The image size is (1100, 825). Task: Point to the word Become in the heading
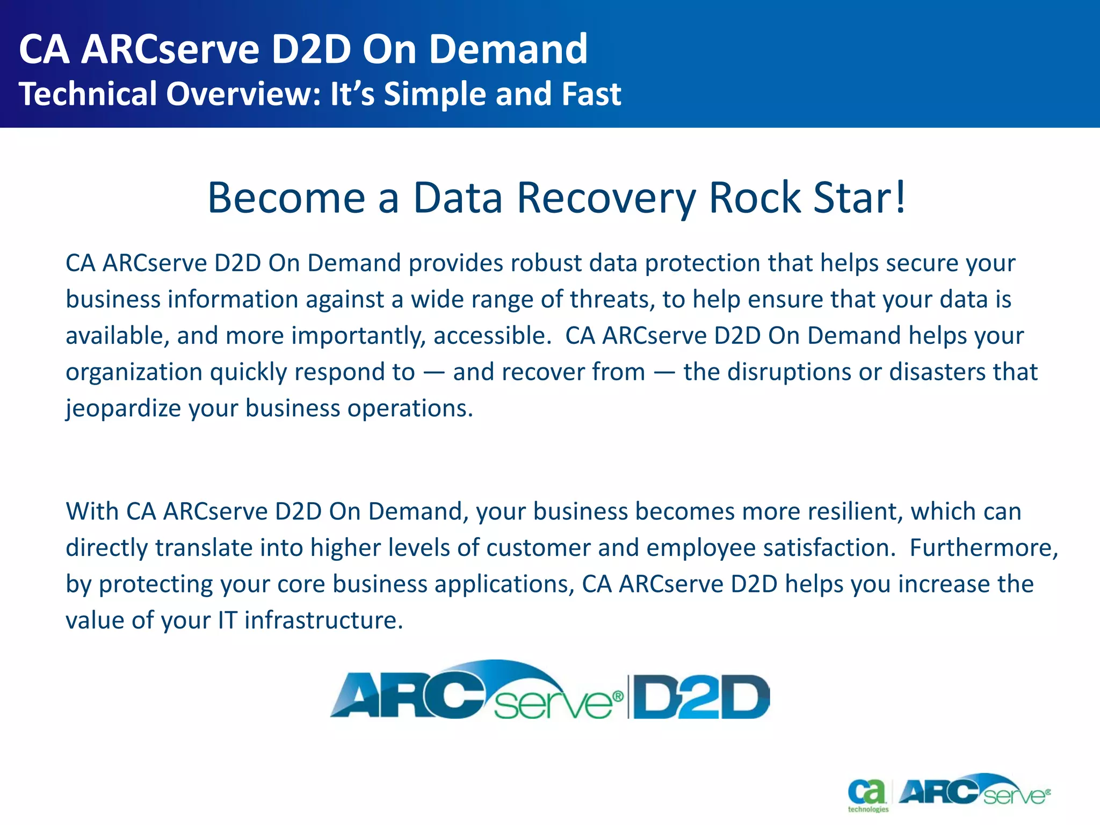(x=286, y=198)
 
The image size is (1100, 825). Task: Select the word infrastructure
(x=323, y=620)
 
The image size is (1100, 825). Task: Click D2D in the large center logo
(x=701, y=697)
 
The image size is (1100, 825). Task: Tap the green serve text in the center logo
(x=553, y=704)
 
